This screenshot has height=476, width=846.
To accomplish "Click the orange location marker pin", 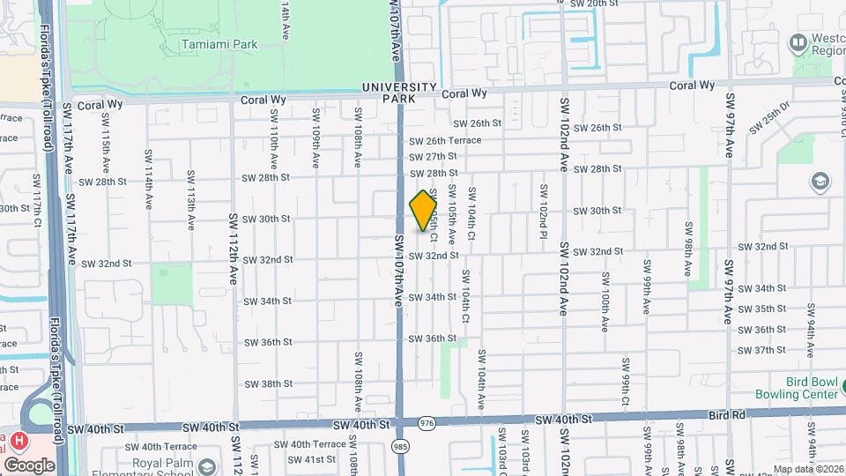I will (x=424, y=210).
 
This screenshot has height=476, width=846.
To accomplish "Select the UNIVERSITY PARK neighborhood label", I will (x=399, y=93).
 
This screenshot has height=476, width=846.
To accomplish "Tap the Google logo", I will (x=28, y=465).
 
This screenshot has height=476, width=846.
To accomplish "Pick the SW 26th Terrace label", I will (x=445, y=140).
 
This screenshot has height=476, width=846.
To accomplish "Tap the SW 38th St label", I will (x=268, y=383).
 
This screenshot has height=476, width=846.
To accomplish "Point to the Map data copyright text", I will (x=808, y=469).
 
